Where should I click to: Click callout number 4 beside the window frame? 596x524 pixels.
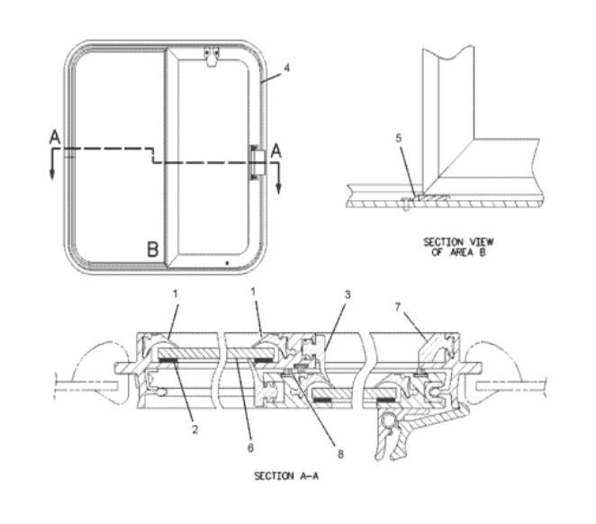pos(287,68)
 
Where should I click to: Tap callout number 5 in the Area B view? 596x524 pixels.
pos(398,139)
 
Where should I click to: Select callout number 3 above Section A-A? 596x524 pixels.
pos(348,294)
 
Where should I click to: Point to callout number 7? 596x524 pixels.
pos(398,307)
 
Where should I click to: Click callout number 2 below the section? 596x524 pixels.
pos(195,429)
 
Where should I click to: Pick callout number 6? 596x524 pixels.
pos(250,447)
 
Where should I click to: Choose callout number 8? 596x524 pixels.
pos(340,454)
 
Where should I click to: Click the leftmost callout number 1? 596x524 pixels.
pos(176,294)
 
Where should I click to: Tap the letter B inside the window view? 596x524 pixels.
pos(153,249)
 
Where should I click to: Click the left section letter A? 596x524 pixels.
pos(55,137)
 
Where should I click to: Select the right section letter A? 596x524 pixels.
pos(276,151)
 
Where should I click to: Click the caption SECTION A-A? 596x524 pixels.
pos(286,475)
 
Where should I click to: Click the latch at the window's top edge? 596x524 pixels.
pos(212,57)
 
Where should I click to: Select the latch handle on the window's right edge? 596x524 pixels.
pos(257,162)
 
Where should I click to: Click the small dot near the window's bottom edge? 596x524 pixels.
pos(227,263)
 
